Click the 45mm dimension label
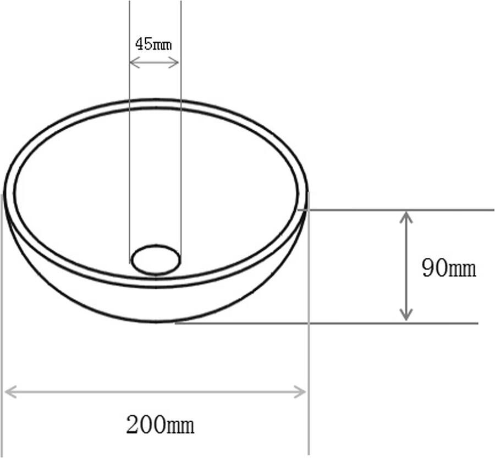(x=153, y=44)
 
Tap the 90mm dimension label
(x=448, y=269)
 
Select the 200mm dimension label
(x=160, y=425)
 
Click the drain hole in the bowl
(x=156, y=260)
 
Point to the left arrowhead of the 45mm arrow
(x=133, y=62)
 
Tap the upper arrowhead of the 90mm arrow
(x=406, y=216)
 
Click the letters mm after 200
(x=180, y=426)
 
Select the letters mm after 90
(x=462, y=269)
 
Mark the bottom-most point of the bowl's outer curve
(x=157, y=323)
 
